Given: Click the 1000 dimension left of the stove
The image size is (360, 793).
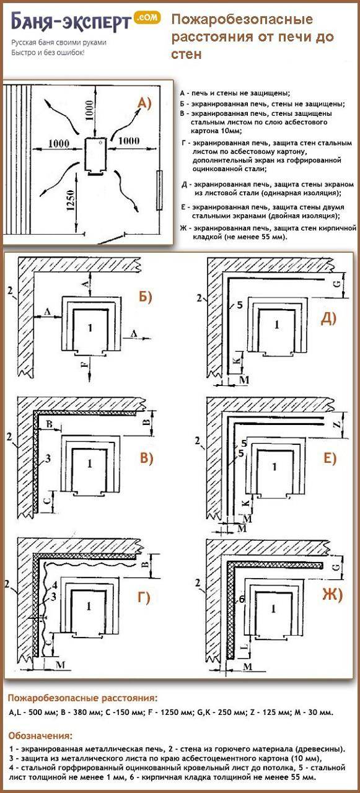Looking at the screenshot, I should tap(58, 143).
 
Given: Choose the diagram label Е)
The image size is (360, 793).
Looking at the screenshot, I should tap(328, 458).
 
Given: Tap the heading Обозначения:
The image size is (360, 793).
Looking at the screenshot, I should tap(40, 736).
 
